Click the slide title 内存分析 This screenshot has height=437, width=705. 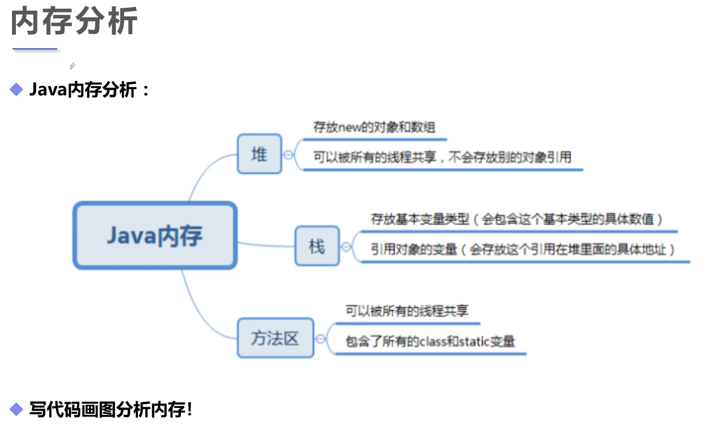coord(74,21)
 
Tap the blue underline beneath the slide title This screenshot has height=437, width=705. coord(35,49)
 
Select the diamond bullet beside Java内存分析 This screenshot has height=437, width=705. coord(16,90)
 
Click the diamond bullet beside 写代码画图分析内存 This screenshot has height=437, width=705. coord(16,410)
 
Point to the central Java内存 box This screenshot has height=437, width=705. coord(155,236)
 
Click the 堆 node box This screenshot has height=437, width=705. coord(259,154)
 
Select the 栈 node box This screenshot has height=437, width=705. coord(317,246)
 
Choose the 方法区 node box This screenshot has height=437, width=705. coord(275,338)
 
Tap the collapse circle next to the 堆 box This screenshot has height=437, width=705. coord(288,155)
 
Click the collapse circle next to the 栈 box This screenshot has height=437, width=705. coord(346,247)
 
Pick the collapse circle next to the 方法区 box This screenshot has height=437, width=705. coord(320,339)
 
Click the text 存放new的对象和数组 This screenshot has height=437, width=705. coord(374,127)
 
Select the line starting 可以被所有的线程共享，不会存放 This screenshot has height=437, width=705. coord(442,157)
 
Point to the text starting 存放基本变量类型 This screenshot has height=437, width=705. coord(516,219)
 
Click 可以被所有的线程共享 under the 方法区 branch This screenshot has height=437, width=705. coord(407,311)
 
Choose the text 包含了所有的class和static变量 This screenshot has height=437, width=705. coord(430,342)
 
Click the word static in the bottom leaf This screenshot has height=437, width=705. coord(474,342)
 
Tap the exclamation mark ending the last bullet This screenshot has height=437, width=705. coord(190,410)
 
